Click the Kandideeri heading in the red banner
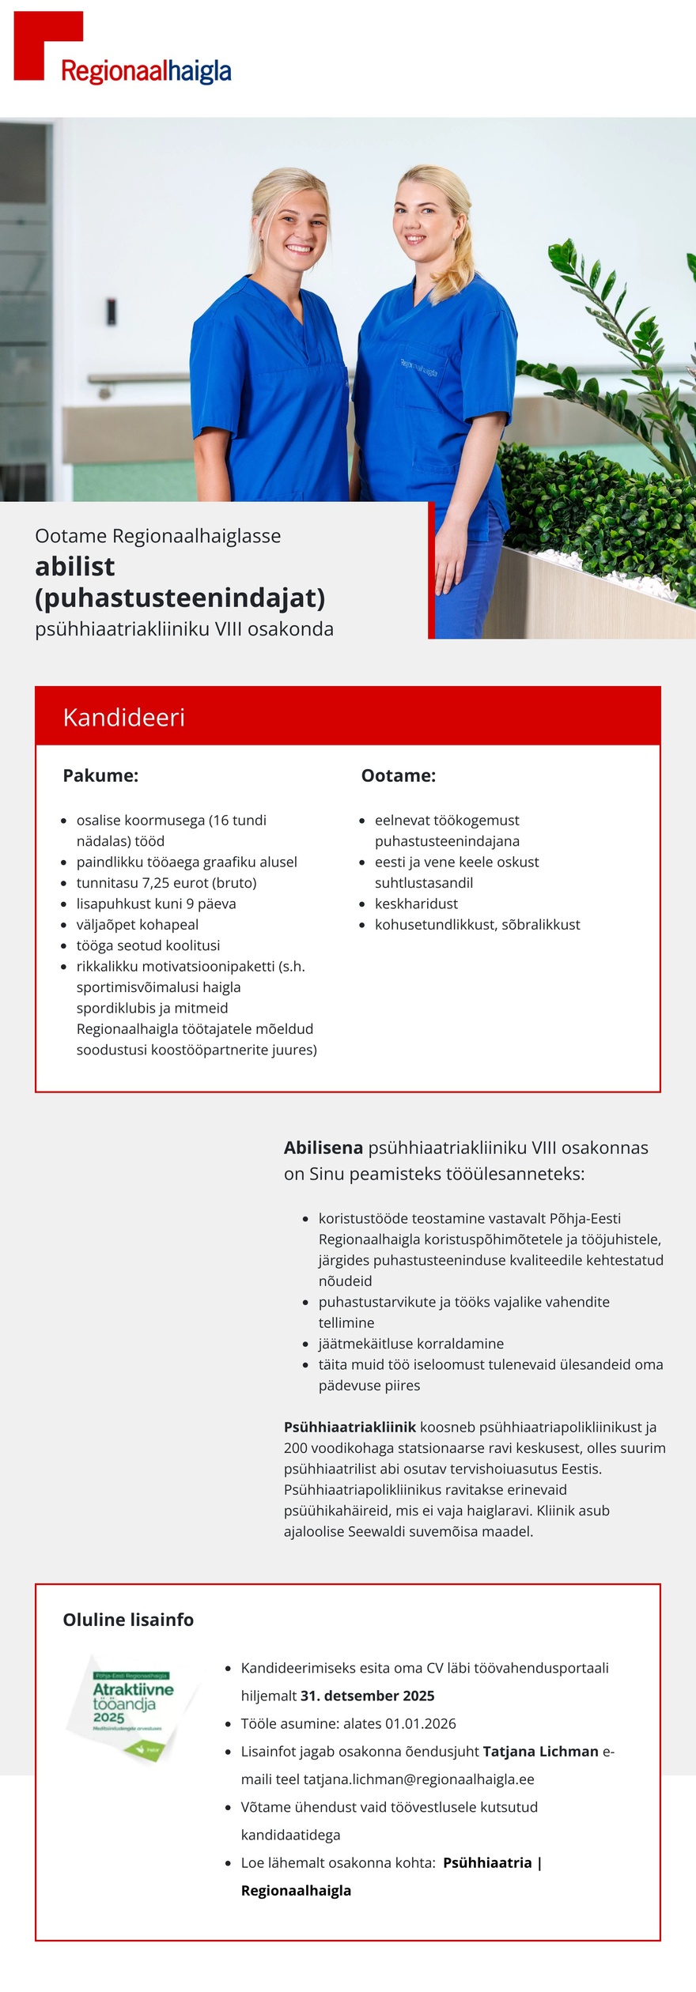(x=124, y=717)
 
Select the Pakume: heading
(x=100, y=775)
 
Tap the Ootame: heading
(x=398, y=775)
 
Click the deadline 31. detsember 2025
(x=367, y=1696)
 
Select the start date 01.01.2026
(x=420, y=1723)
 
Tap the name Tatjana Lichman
(x=540, y=1752)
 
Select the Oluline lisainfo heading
(x=128, y=1620)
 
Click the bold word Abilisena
(x=323, y=1148)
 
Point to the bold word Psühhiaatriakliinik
(x=350, y=1428)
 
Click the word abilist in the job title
(x=75, y=566)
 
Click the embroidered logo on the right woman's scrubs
(x=418, y=367)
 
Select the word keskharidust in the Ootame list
(x=416, y=904)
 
